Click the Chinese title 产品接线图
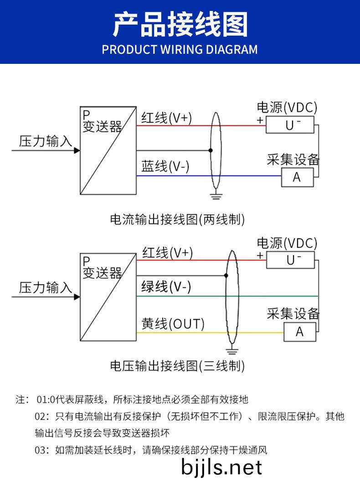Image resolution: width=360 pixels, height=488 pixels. pos(180,25)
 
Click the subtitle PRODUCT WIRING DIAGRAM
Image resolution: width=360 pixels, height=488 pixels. pos(180,49)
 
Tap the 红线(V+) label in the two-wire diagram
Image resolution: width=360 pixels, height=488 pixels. pos(166,118)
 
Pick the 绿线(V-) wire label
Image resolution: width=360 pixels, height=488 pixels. pos(166,287)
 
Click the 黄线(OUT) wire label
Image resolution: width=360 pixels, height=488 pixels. pos(173,324)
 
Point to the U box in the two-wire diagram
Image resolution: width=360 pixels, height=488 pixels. pos(290,124)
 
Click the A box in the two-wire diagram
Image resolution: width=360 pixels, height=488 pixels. pos(297,177)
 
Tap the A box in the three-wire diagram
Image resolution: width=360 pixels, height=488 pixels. pos(299,332)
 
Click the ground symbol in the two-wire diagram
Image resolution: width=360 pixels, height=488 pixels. pos(216,197)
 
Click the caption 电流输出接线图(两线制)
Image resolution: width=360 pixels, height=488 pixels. pos(177,219)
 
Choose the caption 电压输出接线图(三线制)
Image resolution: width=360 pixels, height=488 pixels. pos(177,365)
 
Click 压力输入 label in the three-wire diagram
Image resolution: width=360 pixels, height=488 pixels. pos(45,288)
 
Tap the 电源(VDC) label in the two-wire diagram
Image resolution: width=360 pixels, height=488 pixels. pos(287,108)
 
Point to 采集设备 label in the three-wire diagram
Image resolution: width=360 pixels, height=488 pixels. pos(293,314)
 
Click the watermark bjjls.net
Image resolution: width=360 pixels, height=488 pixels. pos(221,467)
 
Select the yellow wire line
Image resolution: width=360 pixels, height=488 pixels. pos(182,332)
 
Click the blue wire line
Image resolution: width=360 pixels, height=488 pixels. pos(182,176)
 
